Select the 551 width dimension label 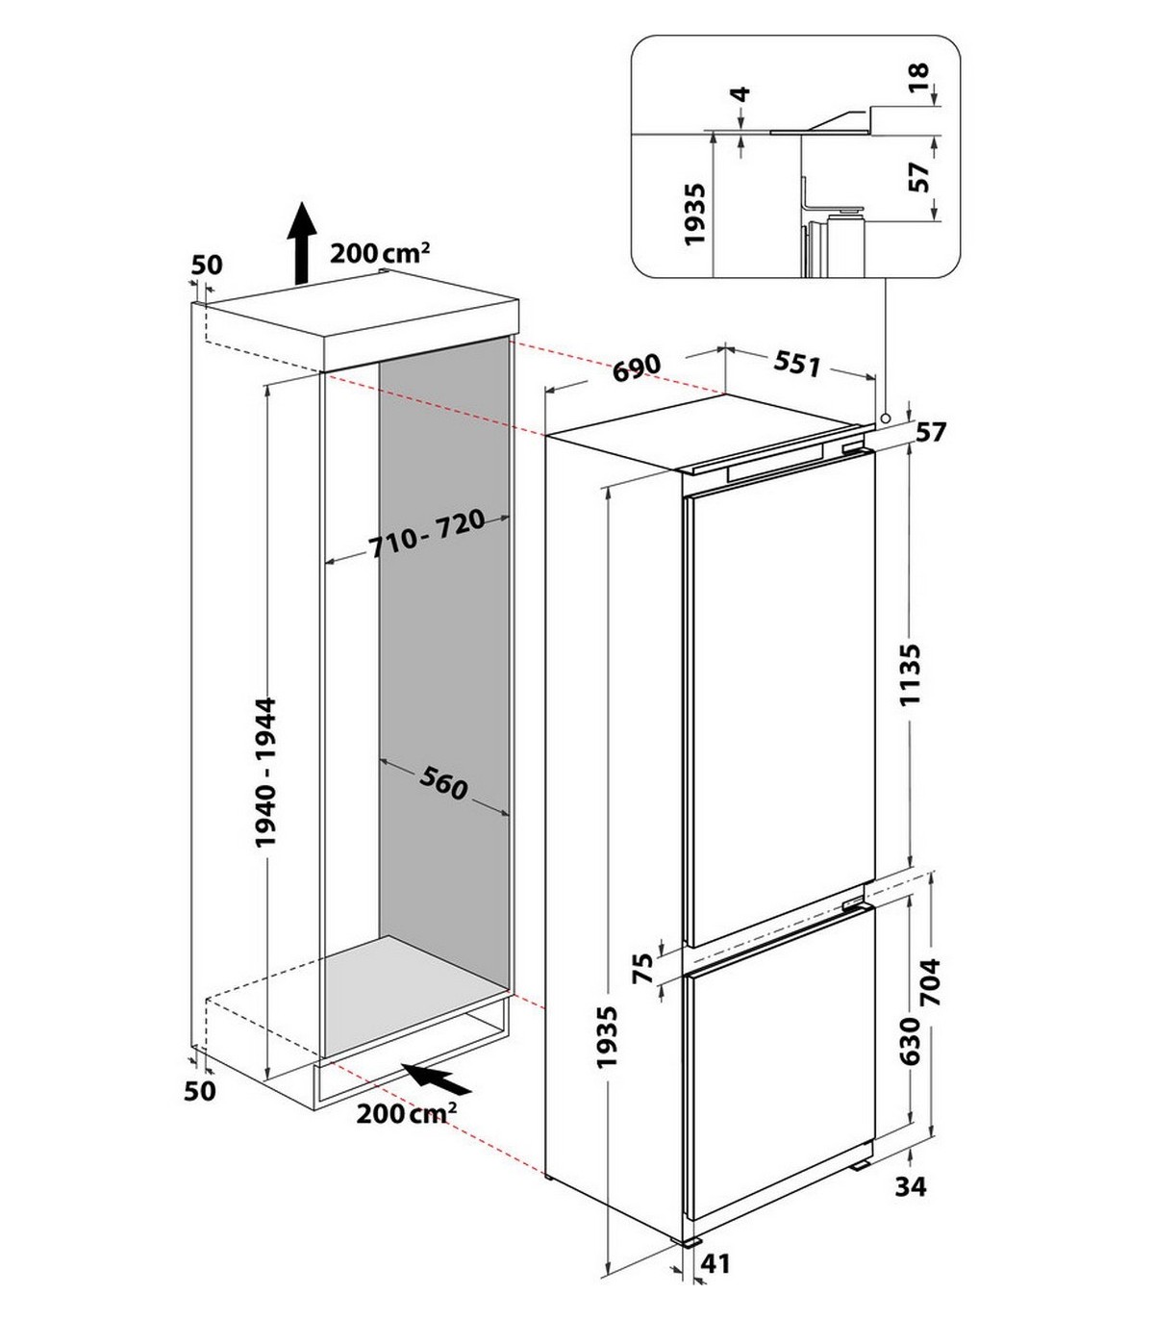pos(797,365)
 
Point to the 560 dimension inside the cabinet pos(443,786)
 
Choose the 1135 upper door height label pos(909,674)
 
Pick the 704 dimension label pos(931,982)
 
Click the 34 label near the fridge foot pos(910,1186)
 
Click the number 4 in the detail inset pos(740,95)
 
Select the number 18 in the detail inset pos(918,75)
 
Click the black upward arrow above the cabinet pos(303,241)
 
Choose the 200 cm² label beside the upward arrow pos(379,253)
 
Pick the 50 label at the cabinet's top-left pos(207,265)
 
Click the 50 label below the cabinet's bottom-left pos(201,1090)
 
